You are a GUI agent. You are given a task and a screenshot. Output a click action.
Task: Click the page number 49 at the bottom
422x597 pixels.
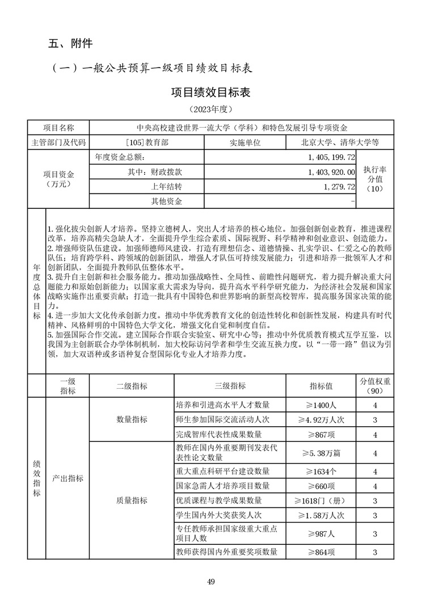point(211,581)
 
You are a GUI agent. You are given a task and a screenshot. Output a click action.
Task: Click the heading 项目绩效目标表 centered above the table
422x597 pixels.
point(211,91)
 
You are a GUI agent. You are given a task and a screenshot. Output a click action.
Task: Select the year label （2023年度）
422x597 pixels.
point(211,108)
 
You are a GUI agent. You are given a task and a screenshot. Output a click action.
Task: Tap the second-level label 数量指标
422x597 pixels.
point(132,420)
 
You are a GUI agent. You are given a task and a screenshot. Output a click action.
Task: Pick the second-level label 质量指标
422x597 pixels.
point(132,501)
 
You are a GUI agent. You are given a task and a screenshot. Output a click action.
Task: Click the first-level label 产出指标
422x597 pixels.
point(67,478)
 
